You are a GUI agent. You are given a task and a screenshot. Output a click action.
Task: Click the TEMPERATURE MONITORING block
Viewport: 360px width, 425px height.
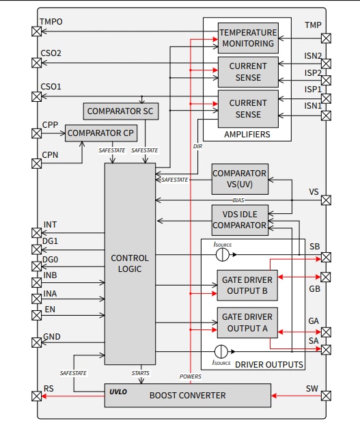point(248,38)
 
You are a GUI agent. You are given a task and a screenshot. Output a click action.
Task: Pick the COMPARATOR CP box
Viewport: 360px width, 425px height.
point(100,132)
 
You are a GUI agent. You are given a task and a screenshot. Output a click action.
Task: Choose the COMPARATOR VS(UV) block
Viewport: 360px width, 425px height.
point(239,179)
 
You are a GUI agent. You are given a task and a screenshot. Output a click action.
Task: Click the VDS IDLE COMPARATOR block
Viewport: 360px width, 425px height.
point(239,220)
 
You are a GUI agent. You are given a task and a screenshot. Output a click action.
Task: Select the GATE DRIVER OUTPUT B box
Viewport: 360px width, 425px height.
point(247,285)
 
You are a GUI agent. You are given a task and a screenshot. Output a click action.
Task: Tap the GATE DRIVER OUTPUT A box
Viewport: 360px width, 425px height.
point(247,322)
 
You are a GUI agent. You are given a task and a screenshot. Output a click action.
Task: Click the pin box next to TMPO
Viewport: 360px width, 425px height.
point(36,31)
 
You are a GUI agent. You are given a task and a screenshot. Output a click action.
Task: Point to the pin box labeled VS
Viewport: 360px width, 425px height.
point(326,200)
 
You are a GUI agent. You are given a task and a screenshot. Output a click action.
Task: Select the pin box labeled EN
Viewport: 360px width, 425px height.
point(36,316)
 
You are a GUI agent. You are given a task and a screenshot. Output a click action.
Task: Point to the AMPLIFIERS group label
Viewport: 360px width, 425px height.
point(247,135)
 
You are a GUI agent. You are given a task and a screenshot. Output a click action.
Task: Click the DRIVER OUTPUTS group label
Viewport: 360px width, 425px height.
point(268,365)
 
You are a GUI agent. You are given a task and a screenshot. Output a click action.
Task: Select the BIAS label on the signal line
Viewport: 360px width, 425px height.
point(238,200)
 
